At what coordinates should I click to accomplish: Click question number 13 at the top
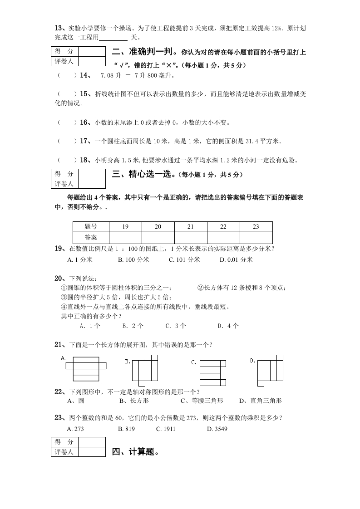[59, 28]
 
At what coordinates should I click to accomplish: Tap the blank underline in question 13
[113, 38]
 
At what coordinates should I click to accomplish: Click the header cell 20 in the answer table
[158, 226]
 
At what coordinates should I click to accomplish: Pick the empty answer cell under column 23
[256, 237]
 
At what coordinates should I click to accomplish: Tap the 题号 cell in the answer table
[91, 226]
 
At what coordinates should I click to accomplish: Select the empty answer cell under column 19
[125, 237]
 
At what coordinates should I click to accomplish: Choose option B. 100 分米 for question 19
[133, 259]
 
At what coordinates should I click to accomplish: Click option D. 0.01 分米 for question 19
[236, 259]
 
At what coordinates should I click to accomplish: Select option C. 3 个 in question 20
[176, 326]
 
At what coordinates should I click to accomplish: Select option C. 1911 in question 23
[166, 429]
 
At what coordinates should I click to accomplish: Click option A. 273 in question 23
[75, 429]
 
